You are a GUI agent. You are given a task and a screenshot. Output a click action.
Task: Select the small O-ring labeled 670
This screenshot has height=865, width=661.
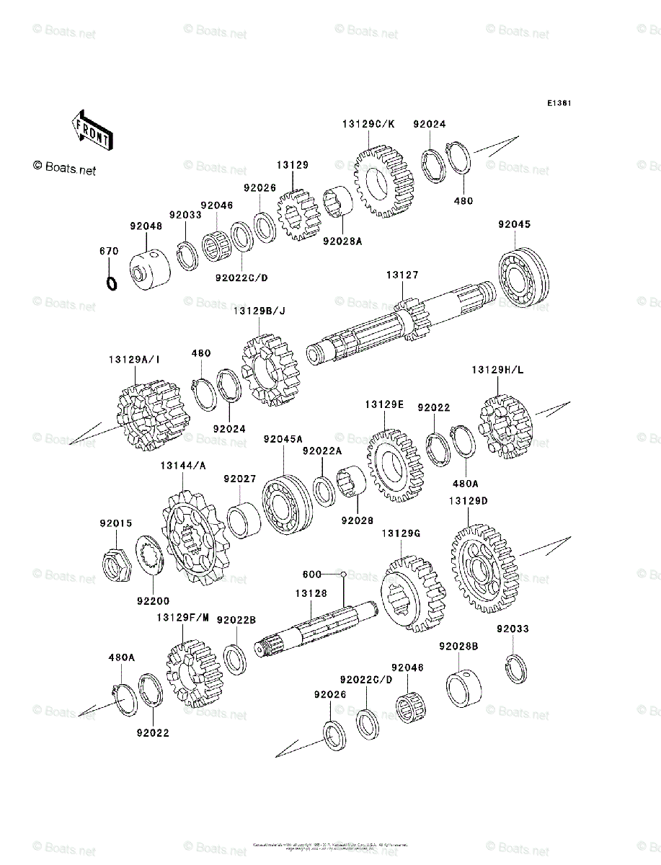pyautogui.click(x=111, y=283)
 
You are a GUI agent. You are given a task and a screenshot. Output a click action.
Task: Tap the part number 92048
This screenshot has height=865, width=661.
pyautogui.click(x=146, y=226)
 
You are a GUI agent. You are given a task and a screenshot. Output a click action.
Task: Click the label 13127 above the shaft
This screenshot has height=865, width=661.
pyautogui.click(x=402, y=275)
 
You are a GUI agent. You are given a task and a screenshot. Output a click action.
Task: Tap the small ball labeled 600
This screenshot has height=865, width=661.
pyautogui.click(x=344, y=575)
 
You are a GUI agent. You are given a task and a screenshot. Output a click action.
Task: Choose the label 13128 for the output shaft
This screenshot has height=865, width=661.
pyautogui.click(x=310, y=593)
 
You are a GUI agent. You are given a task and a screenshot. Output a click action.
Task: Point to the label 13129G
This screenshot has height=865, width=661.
pyautogui.click(x=401, y=533)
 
